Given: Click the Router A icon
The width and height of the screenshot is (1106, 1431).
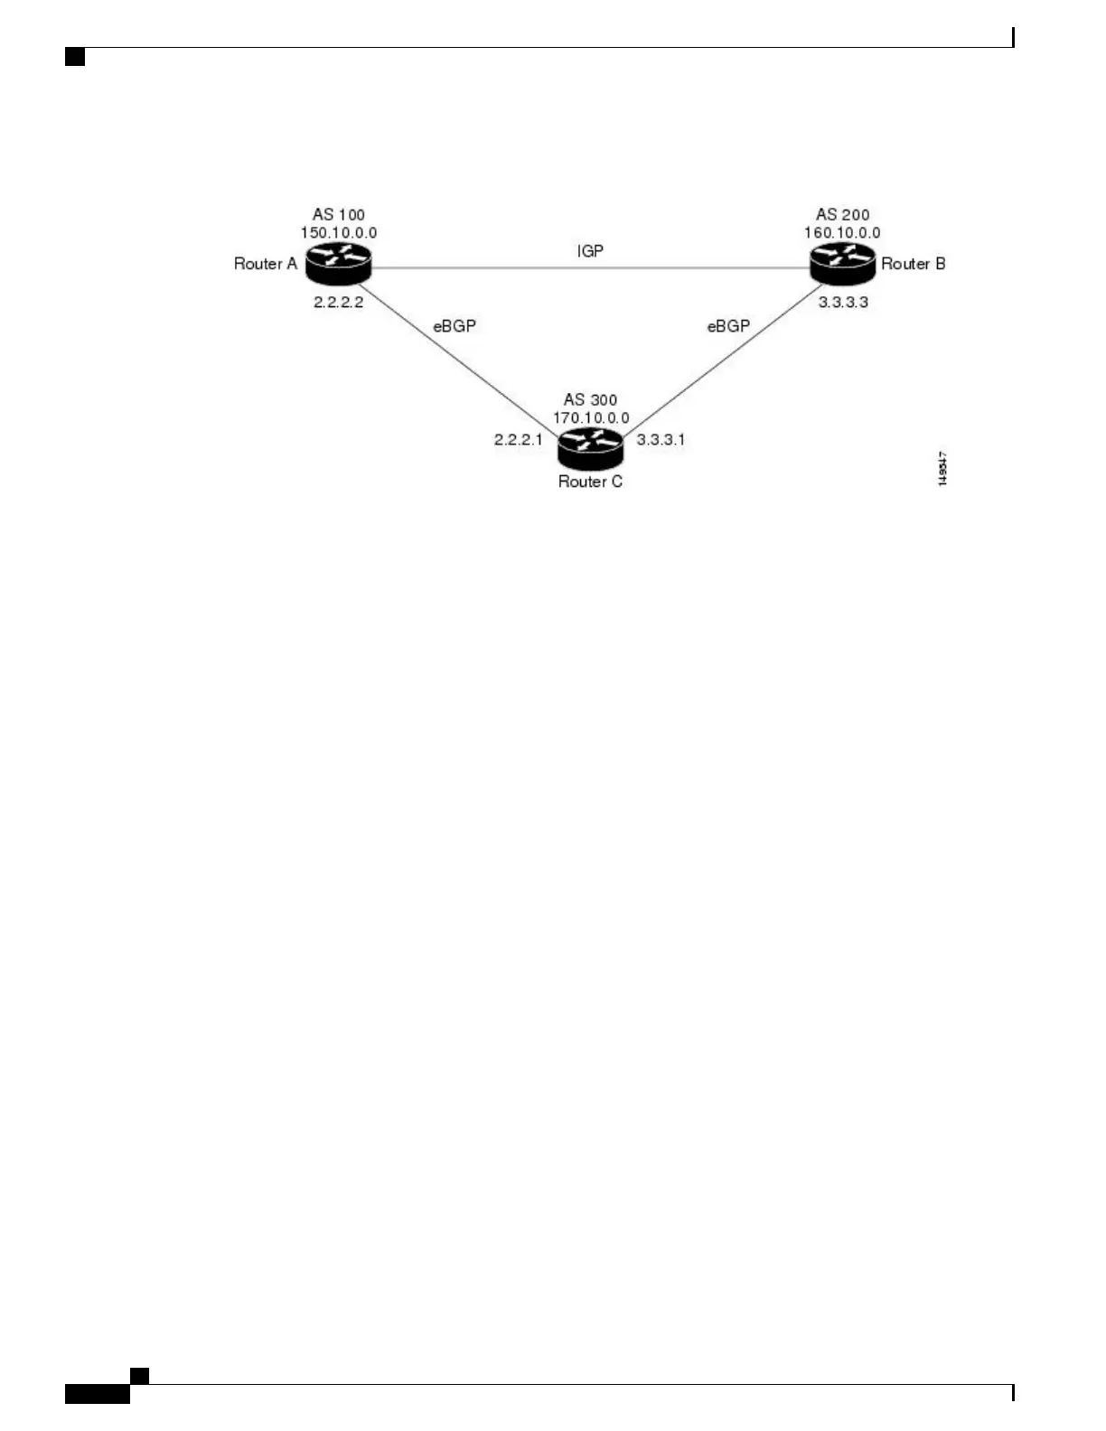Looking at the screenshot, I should (x=338, y=263).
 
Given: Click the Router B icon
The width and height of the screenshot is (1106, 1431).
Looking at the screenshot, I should (x=842, y=263).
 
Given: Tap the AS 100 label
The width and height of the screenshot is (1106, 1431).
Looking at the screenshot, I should (x=339, y=215).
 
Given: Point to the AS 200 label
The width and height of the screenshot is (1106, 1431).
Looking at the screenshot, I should (x=842, y=215).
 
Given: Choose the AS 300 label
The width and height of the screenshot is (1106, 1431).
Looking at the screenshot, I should (x=590, y=399).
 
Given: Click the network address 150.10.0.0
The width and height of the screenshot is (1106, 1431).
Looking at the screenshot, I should (x=339, y=233).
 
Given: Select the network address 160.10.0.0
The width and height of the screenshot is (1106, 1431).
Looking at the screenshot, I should (x=842, y=233).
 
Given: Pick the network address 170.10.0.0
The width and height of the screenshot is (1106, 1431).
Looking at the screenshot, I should (x=591, y=418).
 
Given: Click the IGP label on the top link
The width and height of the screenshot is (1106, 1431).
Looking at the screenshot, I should (x=590, y=251).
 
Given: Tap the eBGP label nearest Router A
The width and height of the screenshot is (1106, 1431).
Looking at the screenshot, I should (x=455, y=326).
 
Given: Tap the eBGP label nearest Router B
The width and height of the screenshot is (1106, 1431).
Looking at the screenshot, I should (x=728, y=326).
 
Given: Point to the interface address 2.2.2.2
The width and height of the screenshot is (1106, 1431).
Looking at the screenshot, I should (x=339, y=303).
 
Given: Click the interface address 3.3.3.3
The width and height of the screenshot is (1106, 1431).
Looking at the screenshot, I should (x=843, y=303).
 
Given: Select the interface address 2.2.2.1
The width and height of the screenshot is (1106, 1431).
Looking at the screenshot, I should (x=518, y=440).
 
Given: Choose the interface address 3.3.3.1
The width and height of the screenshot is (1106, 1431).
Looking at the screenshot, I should (x=661, y=440).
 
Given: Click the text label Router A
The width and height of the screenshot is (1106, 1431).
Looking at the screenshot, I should (x=266, y=264).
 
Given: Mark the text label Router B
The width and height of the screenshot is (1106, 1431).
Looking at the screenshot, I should (x=914, y=264).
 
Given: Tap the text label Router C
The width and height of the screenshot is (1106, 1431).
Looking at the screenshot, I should (x=590, y=482).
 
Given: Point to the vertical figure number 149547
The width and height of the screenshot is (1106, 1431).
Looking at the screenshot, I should (x=942, y=469).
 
